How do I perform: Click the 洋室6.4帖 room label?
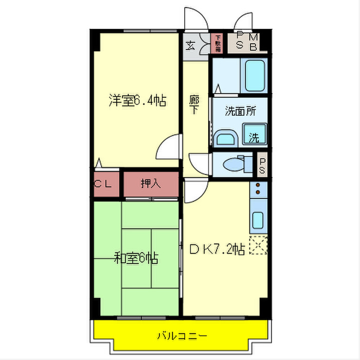pyautogui.click(x=137, y=100)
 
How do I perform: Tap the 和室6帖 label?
pyautogui.click(x=136, y=258)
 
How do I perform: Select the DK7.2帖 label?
pyautogui.click(x=217, y=250)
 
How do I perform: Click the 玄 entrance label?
pyautogui.click(x=190, y=45)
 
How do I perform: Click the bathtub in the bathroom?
pyautogui.click(x=254, y=76)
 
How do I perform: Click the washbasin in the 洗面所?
pyautogui.click(x=225, y=138)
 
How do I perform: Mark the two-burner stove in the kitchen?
pyautogui.click(x=257, y=190)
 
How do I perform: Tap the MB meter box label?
pyautogui.click(x=255, y=41)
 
